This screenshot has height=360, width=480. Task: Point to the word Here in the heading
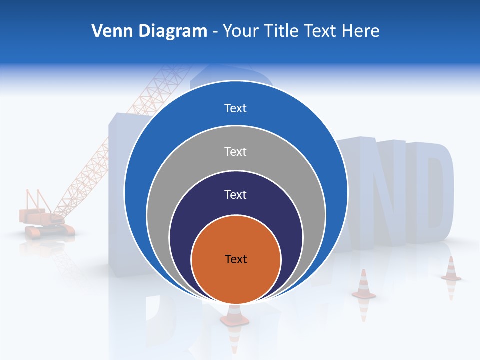pyautogui.click(x=360, y=31)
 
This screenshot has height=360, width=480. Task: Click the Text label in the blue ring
pyautogui.click(x=235, y=108)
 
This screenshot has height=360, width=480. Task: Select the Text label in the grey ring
pyautogui.click(x=235, y=151)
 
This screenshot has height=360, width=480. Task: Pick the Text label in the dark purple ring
pyautogui.click(x=235, y=195)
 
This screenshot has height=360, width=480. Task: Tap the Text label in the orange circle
pyautogui.click(x=236, y=259)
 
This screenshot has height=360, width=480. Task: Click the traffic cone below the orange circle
pyautogui.click(x=234, y=317)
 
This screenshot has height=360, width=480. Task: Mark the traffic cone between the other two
pyautogui.click(x=363, y=285)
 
